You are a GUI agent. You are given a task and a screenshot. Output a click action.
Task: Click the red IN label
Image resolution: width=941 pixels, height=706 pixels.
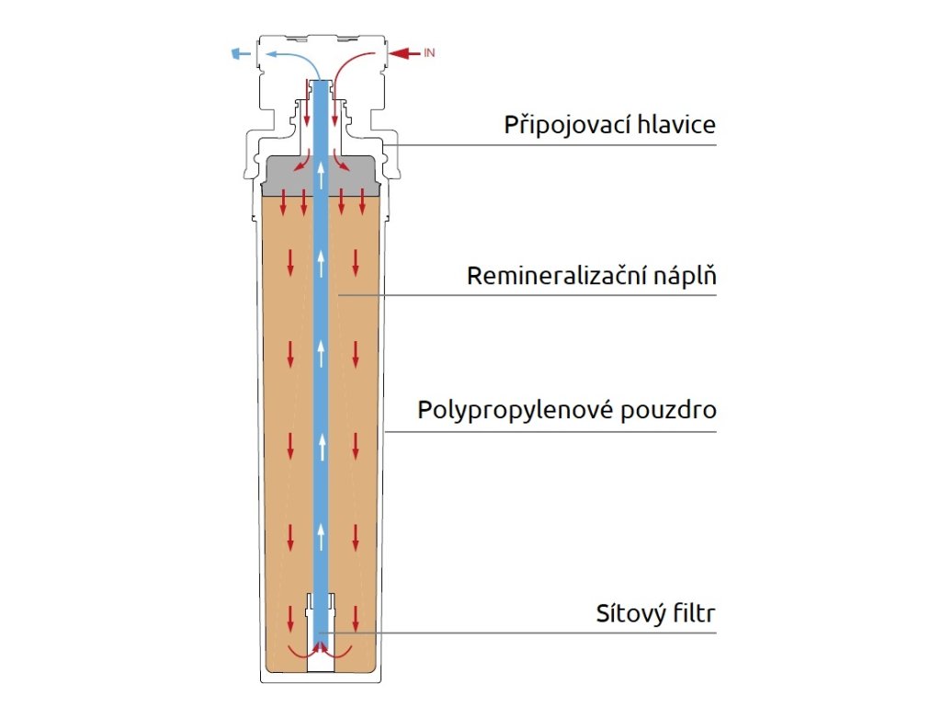point(429,52)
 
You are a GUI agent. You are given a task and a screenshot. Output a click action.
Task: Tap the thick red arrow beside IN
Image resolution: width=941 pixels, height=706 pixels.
point(404,53)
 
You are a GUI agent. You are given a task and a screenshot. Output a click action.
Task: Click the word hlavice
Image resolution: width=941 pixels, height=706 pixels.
point(677,124)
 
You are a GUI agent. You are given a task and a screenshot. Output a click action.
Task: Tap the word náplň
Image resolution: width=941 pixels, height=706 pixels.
point(685,276)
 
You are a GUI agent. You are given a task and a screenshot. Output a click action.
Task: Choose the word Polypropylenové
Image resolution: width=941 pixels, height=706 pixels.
point(516,411)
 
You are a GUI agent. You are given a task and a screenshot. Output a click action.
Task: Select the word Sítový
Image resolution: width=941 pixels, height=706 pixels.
point(630,613)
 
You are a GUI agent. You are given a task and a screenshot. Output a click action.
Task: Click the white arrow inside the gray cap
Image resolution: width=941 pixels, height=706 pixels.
point(321,175)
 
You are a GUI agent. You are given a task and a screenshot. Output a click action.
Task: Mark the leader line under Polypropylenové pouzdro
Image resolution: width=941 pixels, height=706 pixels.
point(550,432)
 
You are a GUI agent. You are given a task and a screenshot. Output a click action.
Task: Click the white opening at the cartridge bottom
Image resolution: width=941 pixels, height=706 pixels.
point(321,663)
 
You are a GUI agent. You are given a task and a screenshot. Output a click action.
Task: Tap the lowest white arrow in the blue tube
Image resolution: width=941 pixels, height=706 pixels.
point(321,537)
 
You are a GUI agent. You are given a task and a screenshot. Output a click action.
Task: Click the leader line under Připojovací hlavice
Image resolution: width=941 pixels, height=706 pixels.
point(550,145)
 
